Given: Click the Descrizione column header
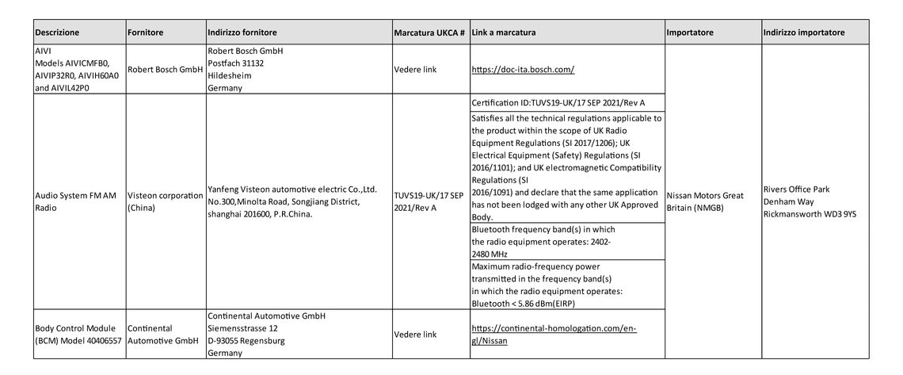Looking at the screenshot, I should click(x=57, y=33).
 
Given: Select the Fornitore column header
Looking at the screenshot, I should click(x=145, y=33).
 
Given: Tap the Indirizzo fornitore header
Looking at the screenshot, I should click(x=242, y=33).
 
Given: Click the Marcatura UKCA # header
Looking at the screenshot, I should click(x=429, y=33).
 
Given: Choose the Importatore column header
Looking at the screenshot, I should click(x=691, y=33).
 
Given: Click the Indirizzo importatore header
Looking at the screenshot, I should click(x=804, y=33).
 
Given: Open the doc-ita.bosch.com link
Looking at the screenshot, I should click(x=522, y=70).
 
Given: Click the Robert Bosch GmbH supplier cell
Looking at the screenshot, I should click(x=165, y=70).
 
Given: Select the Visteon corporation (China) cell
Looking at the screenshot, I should click(x=165, y=201).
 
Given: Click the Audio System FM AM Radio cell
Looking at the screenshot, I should click(x=76, y=201).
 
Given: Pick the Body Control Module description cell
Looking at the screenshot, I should click(x=78, y=335).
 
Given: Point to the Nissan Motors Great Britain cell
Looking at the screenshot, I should click(x=705, y=201).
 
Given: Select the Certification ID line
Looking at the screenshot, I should click(x=558, y=103).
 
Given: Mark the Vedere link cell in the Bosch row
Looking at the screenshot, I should click(x=415, y=70).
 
